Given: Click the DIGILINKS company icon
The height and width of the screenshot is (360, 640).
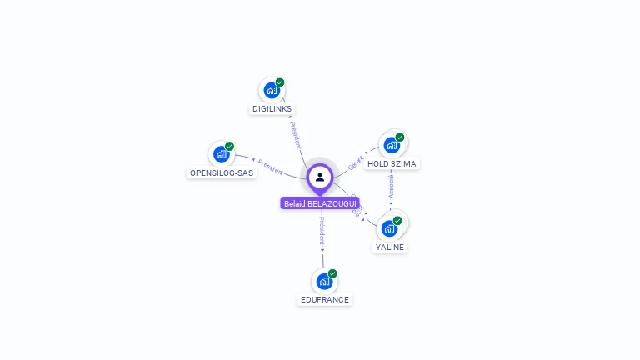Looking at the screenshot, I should [x=272, y=90].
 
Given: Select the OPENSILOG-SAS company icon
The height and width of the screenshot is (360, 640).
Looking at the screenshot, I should [x=221, y=154].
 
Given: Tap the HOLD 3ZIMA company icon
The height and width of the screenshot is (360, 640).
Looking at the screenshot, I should [x=392, y=145].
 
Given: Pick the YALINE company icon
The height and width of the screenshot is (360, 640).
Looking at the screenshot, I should [x=389, y=227].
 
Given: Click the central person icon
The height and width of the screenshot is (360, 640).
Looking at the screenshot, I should [x=320, y=177].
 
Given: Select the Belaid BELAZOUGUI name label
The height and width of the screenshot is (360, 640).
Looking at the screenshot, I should [x=320, y=203].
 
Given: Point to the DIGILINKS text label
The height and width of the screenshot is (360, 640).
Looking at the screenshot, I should [x=272, y=109].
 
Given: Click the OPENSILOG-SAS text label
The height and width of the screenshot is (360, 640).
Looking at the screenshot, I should [x=222, y=173].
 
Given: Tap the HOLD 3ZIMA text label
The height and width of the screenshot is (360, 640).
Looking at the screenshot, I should [x=392, y=164].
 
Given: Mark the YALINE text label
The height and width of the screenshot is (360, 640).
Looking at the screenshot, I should [x=390, y=247].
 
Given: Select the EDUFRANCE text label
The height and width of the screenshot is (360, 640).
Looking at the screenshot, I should [x=325, y=300].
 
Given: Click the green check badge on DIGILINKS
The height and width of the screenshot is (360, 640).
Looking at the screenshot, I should [x=280, y=82].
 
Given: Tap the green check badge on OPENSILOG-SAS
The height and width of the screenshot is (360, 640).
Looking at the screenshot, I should [x=229, y=147].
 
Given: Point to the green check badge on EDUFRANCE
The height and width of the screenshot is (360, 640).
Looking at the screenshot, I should [x=332, y=273].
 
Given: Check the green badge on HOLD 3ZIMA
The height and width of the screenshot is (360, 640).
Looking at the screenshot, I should [x=400, y=137].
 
